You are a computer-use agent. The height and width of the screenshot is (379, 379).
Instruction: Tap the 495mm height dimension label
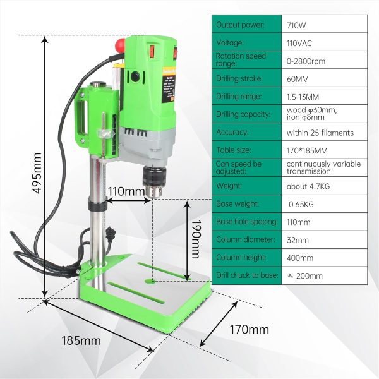coord(37,173)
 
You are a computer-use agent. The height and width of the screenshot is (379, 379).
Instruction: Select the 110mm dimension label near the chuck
coord(126,191)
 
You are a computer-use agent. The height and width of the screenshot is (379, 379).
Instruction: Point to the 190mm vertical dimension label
coord(195,239)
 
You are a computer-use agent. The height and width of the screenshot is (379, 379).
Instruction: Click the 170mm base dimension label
coord(249,330)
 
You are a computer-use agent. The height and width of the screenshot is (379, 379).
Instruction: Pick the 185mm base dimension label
coord(81,341)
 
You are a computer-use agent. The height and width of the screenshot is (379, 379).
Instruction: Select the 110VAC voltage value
coord(299,43)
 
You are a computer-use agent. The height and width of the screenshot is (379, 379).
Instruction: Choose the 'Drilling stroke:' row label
coord(239,78)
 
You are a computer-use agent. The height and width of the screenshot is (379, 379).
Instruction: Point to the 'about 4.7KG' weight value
coord(308,186)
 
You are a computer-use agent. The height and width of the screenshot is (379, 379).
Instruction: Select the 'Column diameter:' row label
coord(246,239)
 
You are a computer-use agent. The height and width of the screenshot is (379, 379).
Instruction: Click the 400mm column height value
coord(300,258)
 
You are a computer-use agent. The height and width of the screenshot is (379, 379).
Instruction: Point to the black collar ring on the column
coord(97,205)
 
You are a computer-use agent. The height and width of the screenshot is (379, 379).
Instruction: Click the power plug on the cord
coord(111,234)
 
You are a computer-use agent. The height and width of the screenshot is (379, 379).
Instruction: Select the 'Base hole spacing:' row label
coord(247,222)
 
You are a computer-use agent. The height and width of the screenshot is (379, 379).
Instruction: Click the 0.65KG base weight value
coord(301,204)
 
